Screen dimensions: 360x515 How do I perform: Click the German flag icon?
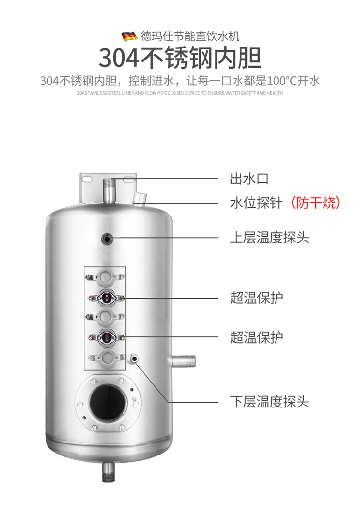tap(130, 36)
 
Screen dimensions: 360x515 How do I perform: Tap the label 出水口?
tap(249, 179)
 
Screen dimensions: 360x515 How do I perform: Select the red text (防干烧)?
tap(315, 203)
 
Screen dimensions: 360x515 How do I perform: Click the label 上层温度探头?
tap(269, 238)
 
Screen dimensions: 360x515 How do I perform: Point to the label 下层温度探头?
tap(269, 402)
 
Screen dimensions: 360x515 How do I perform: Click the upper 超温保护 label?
tap(256, 298)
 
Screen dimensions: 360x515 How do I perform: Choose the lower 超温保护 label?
tap(256, 337)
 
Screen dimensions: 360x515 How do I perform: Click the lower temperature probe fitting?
tap(134, 359)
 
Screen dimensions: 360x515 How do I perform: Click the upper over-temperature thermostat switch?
tap(106, 298)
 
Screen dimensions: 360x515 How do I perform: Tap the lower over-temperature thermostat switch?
tap(106, 337)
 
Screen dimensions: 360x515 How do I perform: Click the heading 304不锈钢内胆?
tap(180, 58)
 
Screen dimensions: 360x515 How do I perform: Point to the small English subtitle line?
tap(180, 93)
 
